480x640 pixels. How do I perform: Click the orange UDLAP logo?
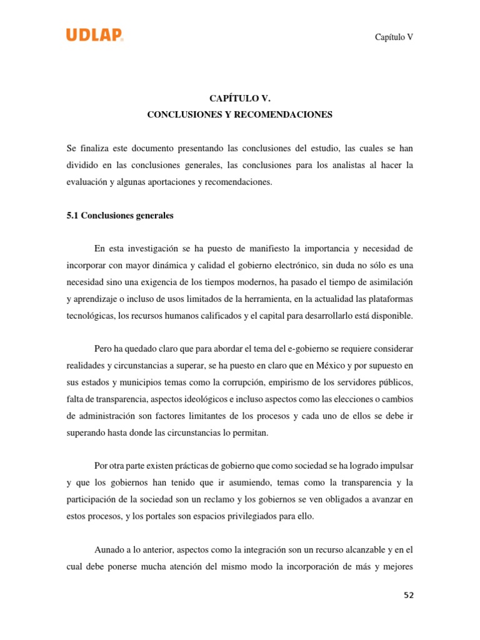click(94, 35)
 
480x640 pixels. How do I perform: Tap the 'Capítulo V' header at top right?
click(394, 37)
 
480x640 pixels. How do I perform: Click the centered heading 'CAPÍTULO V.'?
click(240, 99)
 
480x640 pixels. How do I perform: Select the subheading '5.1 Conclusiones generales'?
click(119, 216)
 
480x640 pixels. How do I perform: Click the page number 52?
click(408, 596)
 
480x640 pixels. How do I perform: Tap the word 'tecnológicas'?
click(88, 316)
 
